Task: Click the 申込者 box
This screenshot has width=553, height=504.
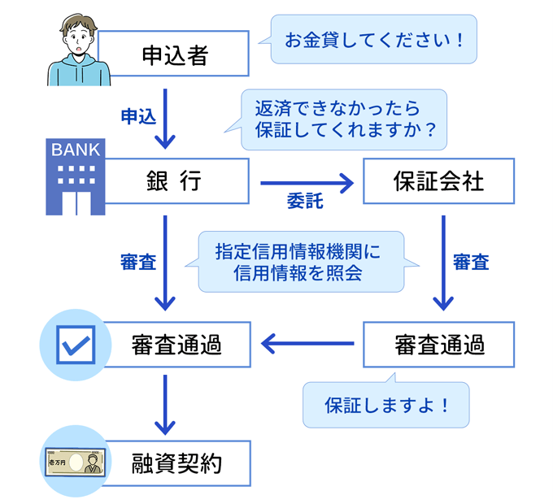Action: (x=175, y=55)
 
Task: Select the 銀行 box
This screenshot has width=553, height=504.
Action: (x=175, y=181)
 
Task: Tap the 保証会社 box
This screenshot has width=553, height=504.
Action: (x=438, y=181)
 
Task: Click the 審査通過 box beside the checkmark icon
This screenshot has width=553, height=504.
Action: (x=175, y=345)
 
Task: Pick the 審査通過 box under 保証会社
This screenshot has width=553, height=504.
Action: (x=438, y=345)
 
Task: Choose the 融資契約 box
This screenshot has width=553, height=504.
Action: (x=175, y=463)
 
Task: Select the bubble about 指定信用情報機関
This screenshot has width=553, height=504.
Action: (x=301, y=263)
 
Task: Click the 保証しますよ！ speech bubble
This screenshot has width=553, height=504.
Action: (x=386, y=404)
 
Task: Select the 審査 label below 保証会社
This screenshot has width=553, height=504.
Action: (x=471, y=263)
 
